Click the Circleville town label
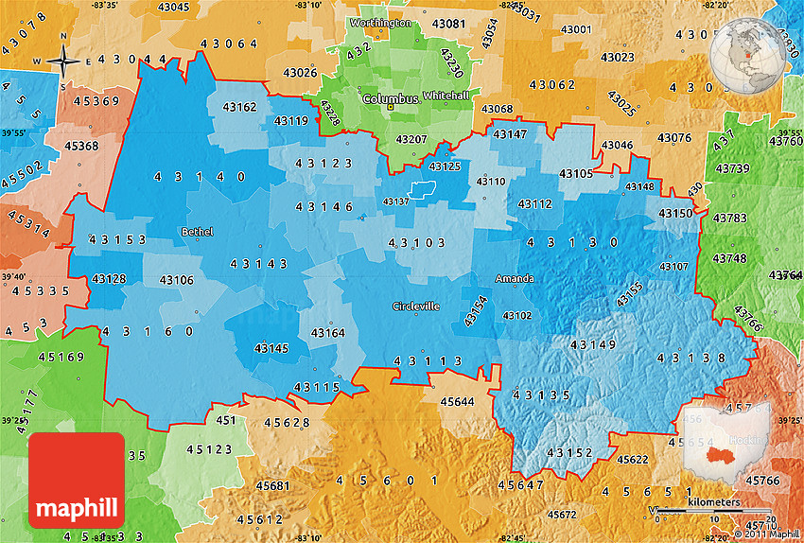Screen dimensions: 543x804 point(416,307)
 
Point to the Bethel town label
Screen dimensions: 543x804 point(197,232)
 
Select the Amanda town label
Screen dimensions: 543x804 point(515,278)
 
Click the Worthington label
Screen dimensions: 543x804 point(380,22)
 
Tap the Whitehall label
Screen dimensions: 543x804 point(446,96)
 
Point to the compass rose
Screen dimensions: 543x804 point(62,63)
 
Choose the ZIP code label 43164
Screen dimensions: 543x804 point(328,333)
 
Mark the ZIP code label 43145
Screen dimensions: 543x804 point(271,348)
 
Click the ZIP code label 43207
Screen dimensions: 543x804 point(411,139)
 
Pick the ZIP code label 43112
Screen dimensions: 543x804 point(534,203)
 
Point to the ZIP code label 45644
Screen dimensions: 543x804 point(458,401)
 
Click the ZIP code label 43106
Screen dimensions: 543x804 point(176,279)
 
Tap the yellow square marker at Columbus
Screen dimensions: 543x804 point(389,107)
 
